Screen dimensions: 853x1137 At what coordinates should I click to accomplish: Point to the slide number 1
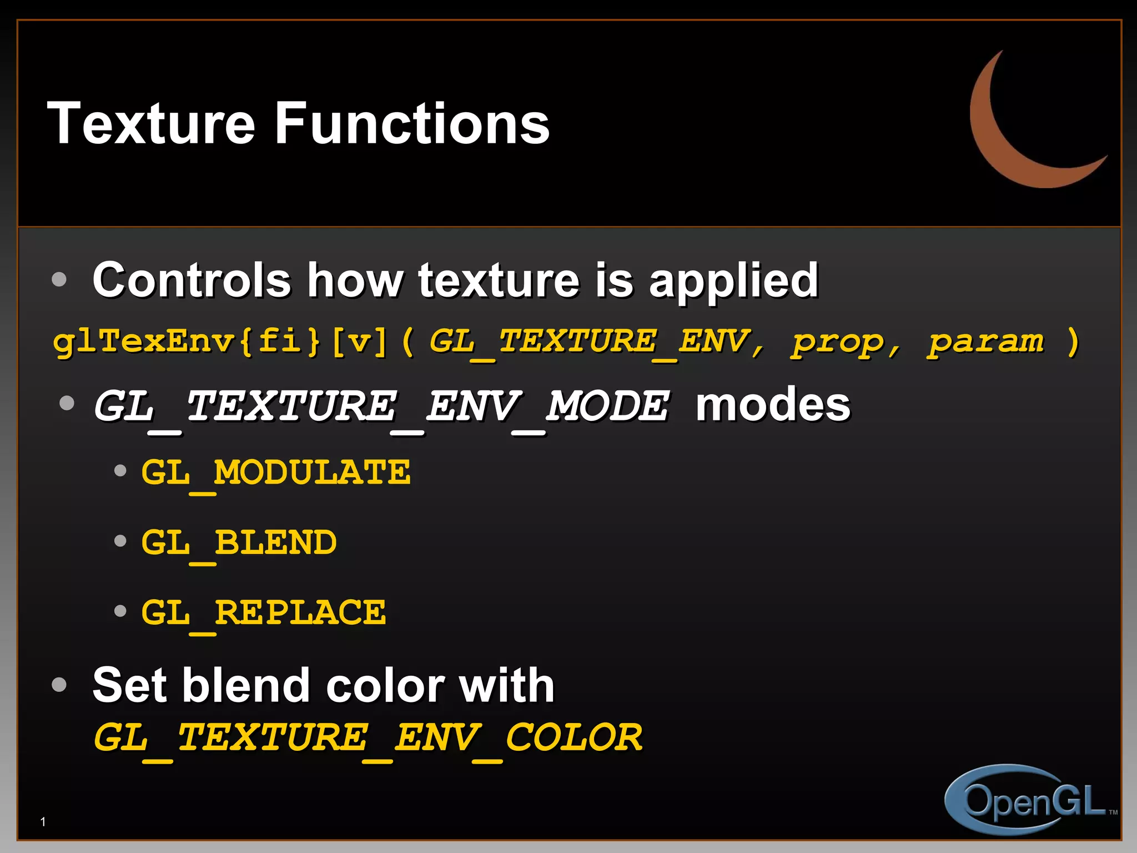pos(43,821)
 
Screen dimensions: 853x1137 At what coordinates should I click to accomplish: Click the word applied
pos(733,281)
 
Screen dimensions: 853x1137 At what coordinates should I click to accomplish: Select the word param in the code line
pos(986,342)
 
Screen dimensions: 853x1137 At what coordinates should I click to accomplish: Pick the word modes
pos(773,404)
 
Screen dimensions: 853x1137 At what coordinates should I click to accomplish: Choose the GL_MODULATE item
pos(276,473)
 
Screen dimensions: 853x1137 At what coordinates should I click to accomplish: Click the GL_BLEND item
pos(239,543)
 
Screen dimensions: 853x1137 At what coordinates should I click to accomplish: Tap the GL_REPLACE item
pos(263,613)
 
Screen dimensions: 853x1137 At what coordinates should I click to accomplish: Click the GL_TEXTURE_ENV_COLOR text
pos(368,738)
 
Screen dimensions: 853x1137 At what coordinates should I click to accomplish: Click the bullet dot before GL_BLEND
pos(120,540)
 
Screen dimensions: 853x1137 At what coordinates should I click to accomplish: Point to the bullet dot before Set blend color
pos(59,684)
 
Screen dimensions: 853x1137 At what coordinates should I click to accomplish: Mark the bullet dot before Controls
pos(59,279)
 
